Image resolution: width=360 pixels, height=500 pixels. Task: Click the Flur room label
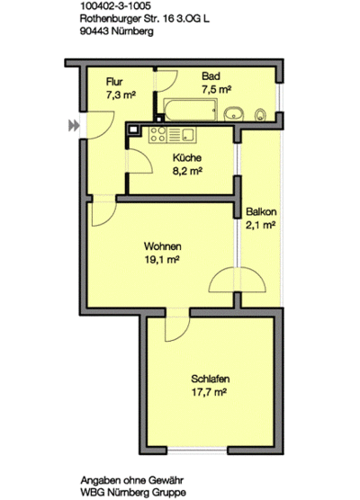tap(114, 82)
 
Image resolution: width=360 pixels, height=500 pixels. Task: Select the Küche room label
tap(186, 157)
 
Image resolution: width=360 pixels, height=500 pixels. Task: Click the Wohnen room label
tap(163, 246)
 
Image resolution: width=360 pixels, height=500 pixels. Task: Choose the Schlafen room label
tap(207, 379)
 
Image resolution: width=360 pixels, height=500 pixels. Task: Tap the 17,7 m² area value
tap(207, 392)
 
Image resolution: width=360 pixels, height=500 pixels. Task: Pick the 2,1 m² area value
tap(259, 227)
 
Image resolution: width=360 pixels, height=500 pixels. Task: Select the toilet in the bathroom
tap(260, 113)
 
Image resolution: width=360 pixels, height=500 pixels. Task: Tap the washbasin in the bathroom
tap(236, 112)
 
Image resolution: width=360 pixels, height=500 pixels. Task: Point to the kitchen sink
tap(188, 135)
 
